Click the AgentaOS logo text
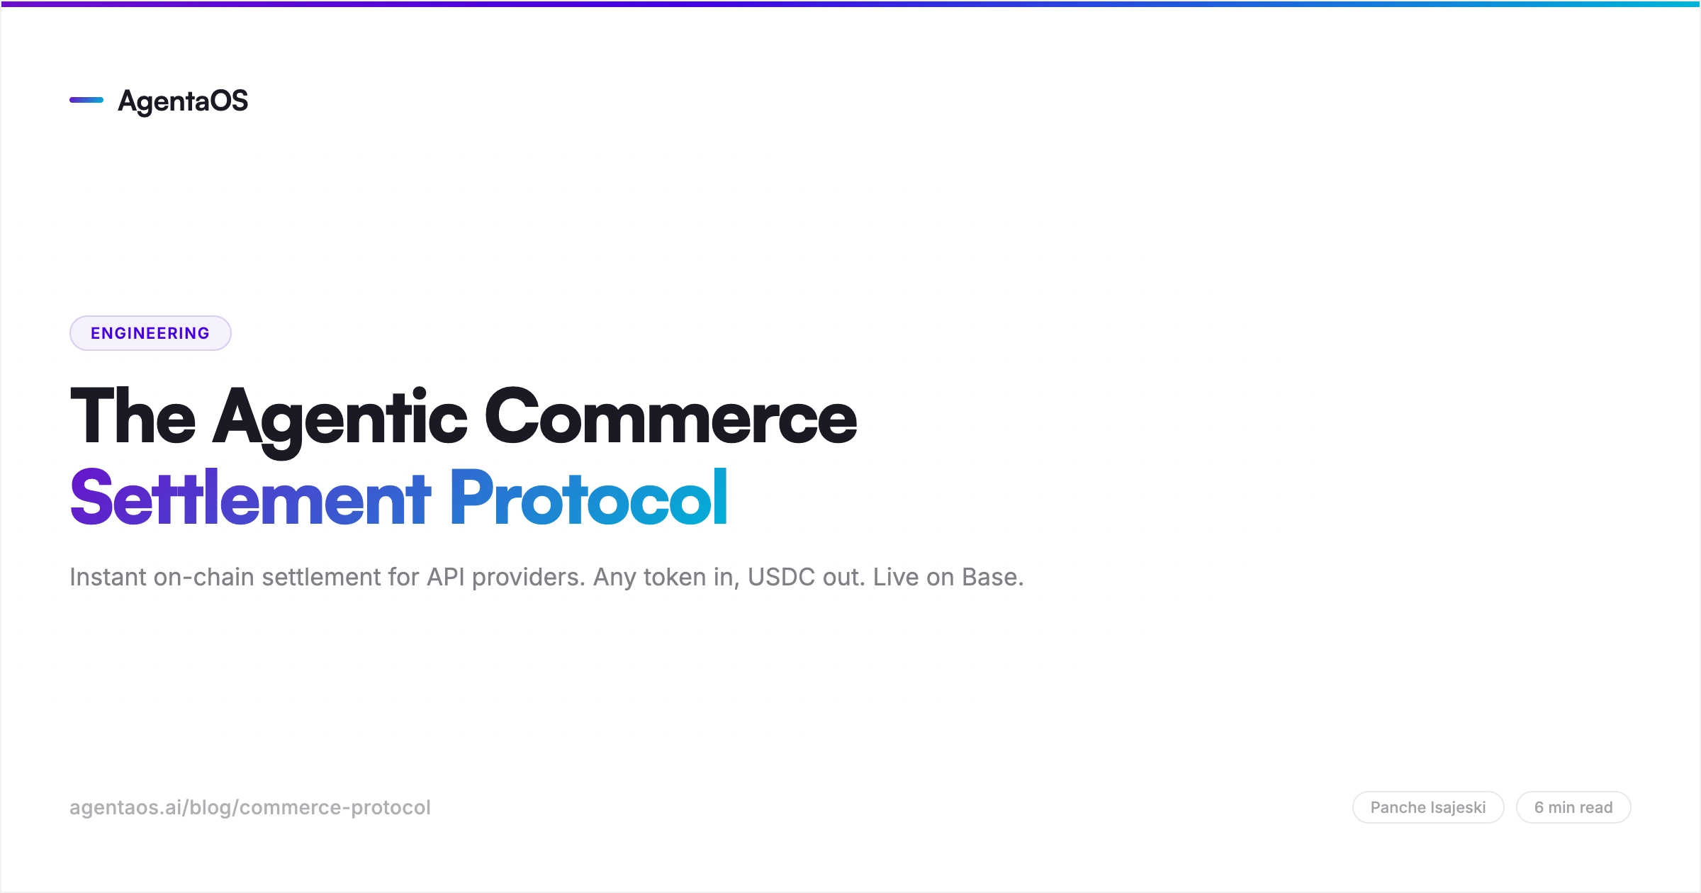pos(183,101)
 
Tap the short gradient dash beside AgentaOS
pos(86,100)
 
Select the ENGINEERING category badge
pos(150,333)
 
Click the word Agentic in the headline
pos(340,418)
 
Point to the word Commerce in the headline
pos(670,417)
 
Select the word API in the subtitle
pos(446,577)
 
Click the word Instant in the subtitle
pos(108,577)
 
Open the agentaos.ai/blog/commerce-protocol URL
pos(250,807)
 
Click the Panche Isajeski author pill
pos(1428,807)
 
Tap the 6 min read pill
pos(1573,807)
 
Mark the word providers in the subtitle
pos(529,578)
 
